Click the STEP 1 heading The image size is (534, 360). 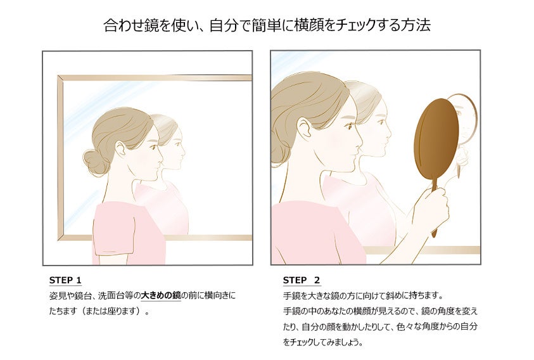coord(65,280)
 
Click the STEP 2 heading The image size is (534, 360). coord(302,280)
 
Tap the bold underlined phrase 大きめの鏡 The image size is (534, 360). coord(161,295)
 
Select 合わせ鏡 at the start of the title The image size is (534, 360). coord(131,25)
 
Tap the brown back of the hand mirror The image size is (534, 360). coord(436,141)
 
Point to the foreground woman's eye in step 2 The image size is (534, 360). coord(349,127)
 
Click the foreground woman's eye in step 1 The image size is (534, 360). coord(155,147)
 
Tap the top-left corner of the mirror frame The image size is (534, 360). coord(58,76)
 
